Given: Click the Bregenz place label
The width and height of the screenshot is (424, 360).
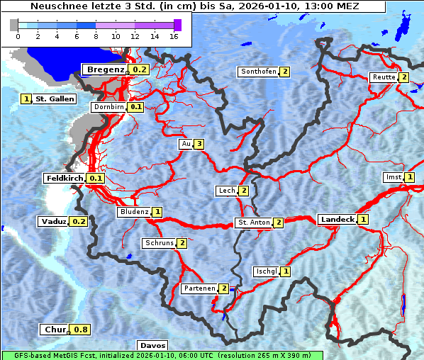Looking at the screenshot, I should point(105,69).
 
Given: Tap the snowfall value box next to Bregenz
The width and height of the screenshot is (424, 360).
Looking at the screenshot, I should point(140,69).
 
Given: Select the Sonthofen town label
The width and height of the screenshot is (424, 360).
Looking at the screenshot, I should point(259,72).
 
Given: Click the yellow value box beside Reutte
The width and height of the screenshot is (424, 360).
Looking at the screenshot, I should point(403,77).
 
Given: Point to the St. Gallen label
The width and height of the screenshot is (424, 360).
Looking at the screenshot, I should point(55,99).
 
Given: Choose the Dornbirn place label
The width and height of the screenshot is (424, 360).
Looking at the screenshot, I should point(108,107).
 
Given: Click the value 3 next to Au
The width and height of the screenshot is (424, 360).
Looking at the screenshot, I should point(200,145).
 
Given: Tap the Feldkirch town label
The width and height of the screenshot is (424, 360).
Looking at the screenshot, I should point(65,179).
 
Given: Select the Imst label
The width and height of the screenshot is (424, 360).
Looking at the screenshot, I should point(393,177).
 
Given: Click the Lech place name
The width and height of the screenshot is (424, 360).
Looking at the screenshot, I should point(226,191).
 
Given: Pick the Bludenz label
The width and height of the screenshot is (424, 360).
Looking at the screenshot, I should point(134,212).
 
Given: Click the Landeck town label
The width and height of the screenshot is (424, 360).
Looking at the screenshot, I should point(337,220).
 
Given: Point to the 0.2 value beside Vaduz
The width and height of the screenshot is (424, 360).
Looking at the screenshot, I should point(79,222).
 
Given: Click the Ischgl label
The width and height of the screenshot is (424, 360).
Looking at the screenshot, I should point(266,271).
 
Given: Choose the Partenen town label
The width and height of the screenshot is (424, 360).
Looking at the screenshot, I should point(199,288).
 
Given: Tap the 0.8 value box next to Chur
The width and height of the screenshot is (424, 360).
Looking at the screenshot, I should point(81,330).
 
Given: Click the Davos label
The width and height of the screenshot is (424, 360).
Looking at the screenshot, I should point(152,345).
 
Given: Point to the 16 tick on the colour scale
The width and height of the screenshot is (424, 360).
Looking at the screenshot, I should point(174,36).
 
